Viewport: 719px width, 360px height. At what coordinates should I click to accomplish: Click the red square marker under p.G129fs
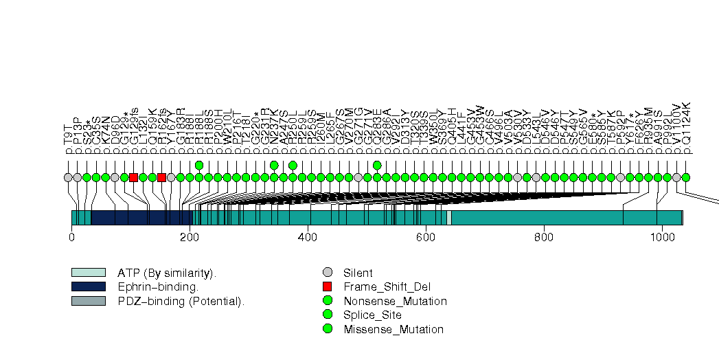133,177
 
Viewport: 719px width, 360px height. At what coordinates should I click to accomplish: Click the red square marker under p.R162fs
161,177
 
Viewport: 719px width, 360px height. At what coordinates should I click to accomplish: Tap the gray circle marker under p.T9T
68,177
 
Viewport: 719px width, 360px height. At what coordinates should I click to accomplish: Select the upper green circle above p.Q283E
377,165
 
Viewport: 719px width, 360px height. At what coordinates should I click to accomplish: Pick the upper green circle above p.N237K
274,165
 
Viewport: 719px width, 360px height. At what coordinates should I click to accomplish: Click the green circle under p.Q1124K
685,177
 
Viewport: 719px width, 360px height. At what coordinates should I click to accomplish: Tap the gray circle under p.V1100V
676,177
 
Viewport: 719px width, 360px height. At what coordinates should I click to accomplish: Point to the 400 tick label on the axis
308,238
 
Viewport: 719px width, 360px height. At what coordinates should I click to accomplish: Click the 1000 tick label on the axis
662,238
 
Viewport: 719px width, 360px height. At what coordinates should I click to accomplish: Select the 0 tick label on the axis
71,238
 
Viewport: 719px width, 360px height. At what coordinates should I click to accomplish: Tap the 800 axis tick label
544,238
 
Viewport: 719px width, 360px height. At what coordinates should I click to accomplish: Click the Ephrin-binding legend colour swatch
88,286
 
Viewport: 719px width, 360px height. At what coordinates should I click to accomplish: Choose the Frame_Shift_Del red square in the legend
328,286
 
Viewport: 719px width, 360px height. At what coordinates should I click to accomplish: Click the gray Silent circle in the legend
328,272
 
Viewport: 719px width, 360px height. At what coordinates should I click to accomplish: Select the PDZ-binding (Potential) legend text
181,301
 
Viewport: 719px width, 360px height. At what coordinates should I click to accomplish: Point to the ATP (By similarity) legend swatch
88,272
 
